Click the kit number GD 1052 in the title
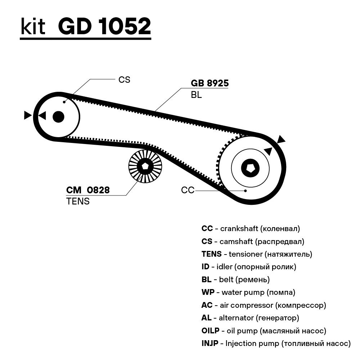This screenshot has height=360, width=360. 104,26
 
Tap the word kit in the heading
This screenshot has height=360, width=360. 33,26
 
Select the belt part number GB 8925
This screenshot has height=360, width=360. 210,83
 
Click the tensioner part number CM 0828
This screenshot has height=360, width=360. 88,190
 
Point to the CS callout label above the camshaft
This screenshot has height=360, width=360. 124,80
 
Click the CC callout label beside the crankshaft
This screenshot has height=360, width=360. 188,190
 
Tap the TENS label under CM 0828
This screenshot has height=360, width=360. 78,201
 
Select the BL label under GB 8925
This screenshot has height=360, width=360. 196,95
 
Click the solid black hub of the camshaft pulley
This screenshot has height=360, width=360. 58,117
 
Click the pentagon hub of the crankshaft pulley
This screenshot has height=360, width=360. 250,168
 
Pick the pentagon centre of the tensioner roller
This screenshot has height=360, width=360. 145,166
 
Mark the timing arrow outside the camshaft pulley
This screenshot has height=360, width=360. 28,115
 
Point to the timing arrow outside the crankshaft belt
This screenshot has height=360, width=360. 281,139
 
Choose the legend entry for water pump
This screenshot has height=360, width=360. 248,292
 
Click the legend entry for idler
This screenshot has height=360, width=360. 249,267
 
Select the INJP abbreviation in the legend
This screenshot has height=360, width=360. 210,343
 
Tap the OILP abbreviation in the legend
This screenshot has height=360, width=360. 210,330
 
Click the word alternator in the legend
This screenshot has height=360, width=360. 236,318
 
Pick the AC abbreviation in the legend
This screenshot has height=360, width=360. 207,305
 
